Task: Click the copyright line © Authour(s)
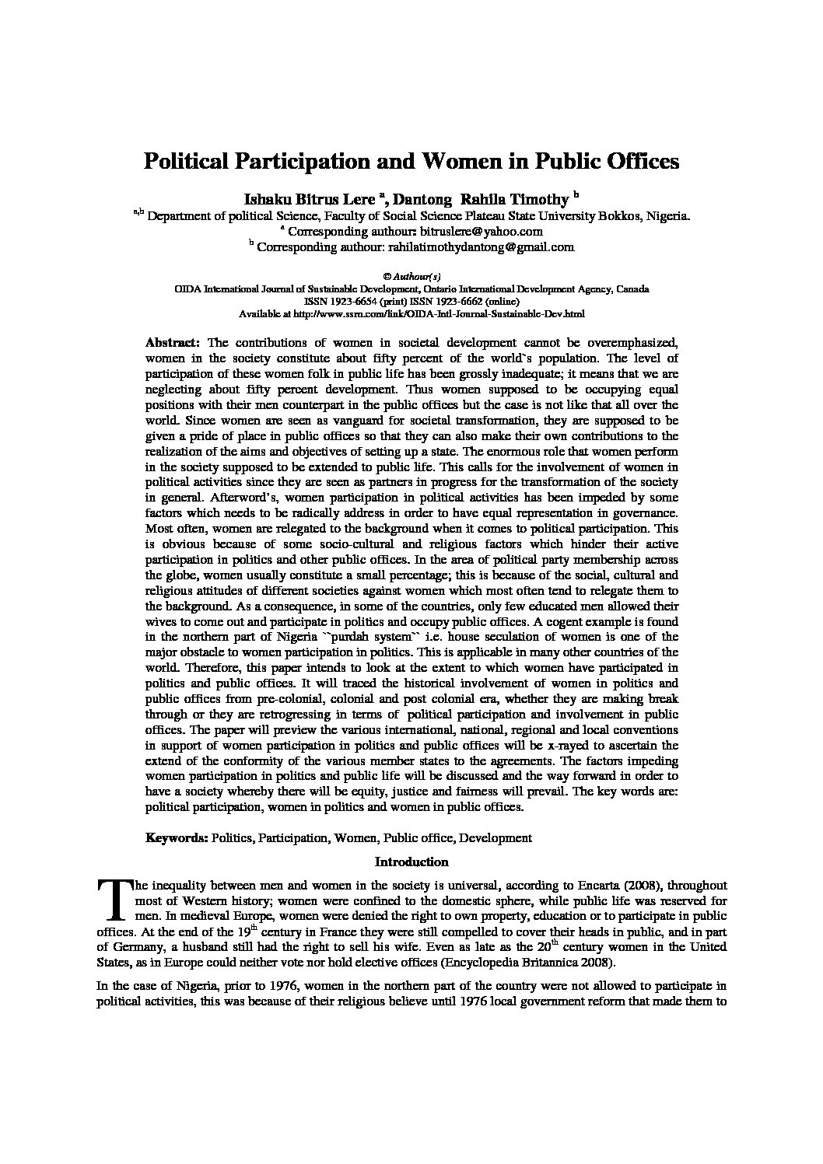pyautogui.click(x=411, y=276)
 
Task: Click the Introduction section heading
pyautogui.click(x=411, y=862)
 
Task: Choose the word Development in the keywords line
pyautogui.click(x=498, y=838)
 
